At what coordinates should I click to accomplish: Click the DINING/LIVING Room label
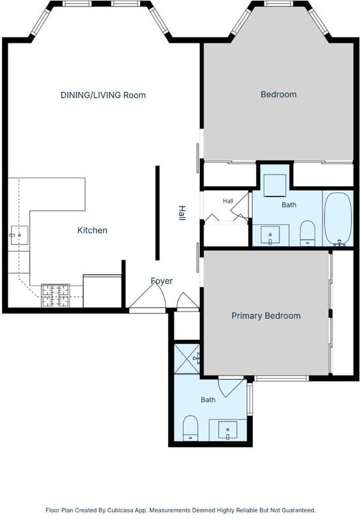point(103,95)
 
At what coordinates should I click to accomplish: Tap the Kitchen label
point(92,230)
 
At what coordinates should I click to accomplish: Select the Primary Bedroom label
point(266,316)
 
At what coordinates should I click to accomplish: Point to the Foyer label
point(162,281)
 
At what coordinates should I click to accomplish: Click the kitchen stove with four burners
point(55,296)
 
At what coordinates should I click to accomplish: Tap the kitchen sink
point(19,235)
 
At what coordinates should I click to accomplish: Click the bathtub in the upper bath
point(338,219)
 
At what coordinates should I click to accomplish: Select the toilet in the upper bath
point(307,233)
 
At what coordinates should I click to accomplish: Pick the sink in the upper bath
point(270,235)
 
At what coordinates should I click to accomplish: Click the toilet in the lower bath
point(190,428)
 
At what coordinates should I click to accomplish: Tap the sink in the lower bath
point(228,430)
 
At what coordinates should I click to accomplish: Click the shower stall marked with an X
point(187,359)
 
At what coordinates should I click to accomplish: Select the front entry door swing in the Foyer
point(148,296)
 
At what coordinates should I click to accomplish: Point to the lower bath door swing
point(231,387)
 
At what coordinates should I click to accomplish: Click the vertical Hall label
point(182,213)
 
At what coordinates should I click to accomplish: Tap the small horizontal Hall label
point(228,201)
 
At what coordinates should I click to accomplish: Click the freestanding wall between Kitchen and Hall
point(158,213)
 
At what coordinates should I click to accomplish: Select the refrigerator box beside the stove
point(102,291)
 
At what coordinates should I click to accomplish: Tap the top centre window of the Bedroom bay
point(279,4)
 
